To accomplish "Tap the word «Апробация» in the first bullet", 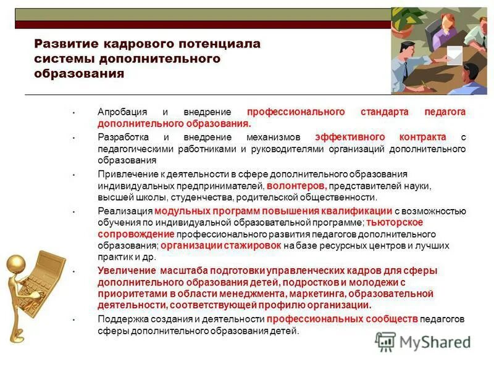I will pyautogui.click(x=122, y=112).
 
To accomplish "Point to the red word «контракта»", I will pyautogui.click(x=422, y=137).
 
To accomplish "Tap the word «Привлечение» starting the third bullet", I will pyautogui.click(x=125, y=174).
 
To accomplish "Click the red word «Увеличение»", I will pyautogui.click(x=127, y=271).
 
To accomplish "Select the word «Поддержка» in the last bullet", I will pyautogui.click(x=121, y=319).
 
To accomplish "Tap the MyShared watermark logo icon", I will pyautogui.click(x=385, y=341).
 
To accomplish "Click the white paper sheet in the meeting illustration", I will pyautogui.click(x=454, y=55).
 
